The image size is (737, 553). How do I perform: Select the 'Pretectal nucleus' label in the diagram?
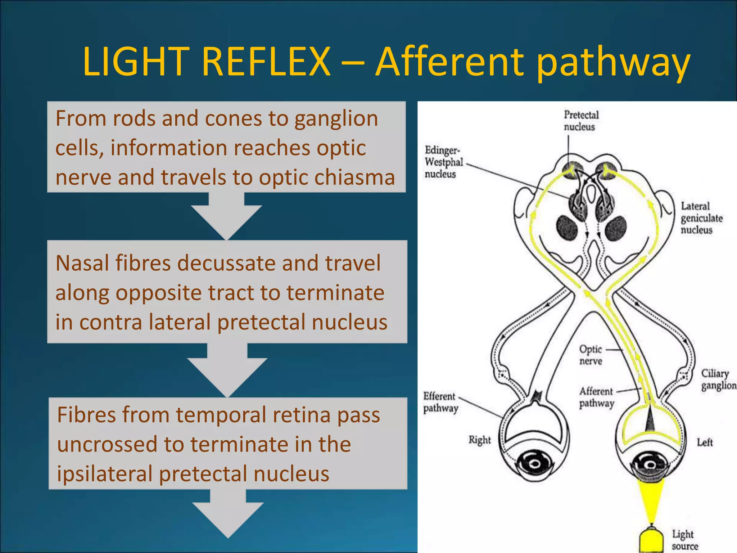click(x=581, y=121)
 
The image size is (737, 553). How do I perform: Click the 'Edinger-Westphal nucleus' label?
click(x=443, y=162)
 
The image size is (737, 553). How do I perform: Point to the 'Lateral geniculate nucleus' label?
click(x=701, y=218)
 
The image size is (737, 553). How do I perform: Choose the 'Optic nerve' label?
click(x=590, y=355)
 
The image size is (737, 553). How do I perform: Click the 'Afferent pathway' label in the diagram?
click(x=596, y=397)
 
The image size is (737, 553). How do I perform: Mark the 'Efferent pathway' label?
click(x=440, y=402)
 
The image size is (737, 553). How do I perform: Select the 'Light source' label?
click(x=684, y=540)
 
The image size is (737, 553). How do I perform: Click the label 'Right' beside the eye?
click(x=479, y=440)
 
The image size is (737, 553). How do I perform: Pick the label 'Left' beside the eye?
click(x=704, y=442)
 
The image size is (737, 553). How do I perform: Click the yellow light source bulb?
click(x=651, y=542)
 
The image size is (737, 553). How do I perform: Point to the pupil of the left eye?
click(x=650, y=465)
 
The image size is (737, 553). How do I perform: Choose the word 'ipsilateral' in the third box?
click(x=105, y=474)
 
